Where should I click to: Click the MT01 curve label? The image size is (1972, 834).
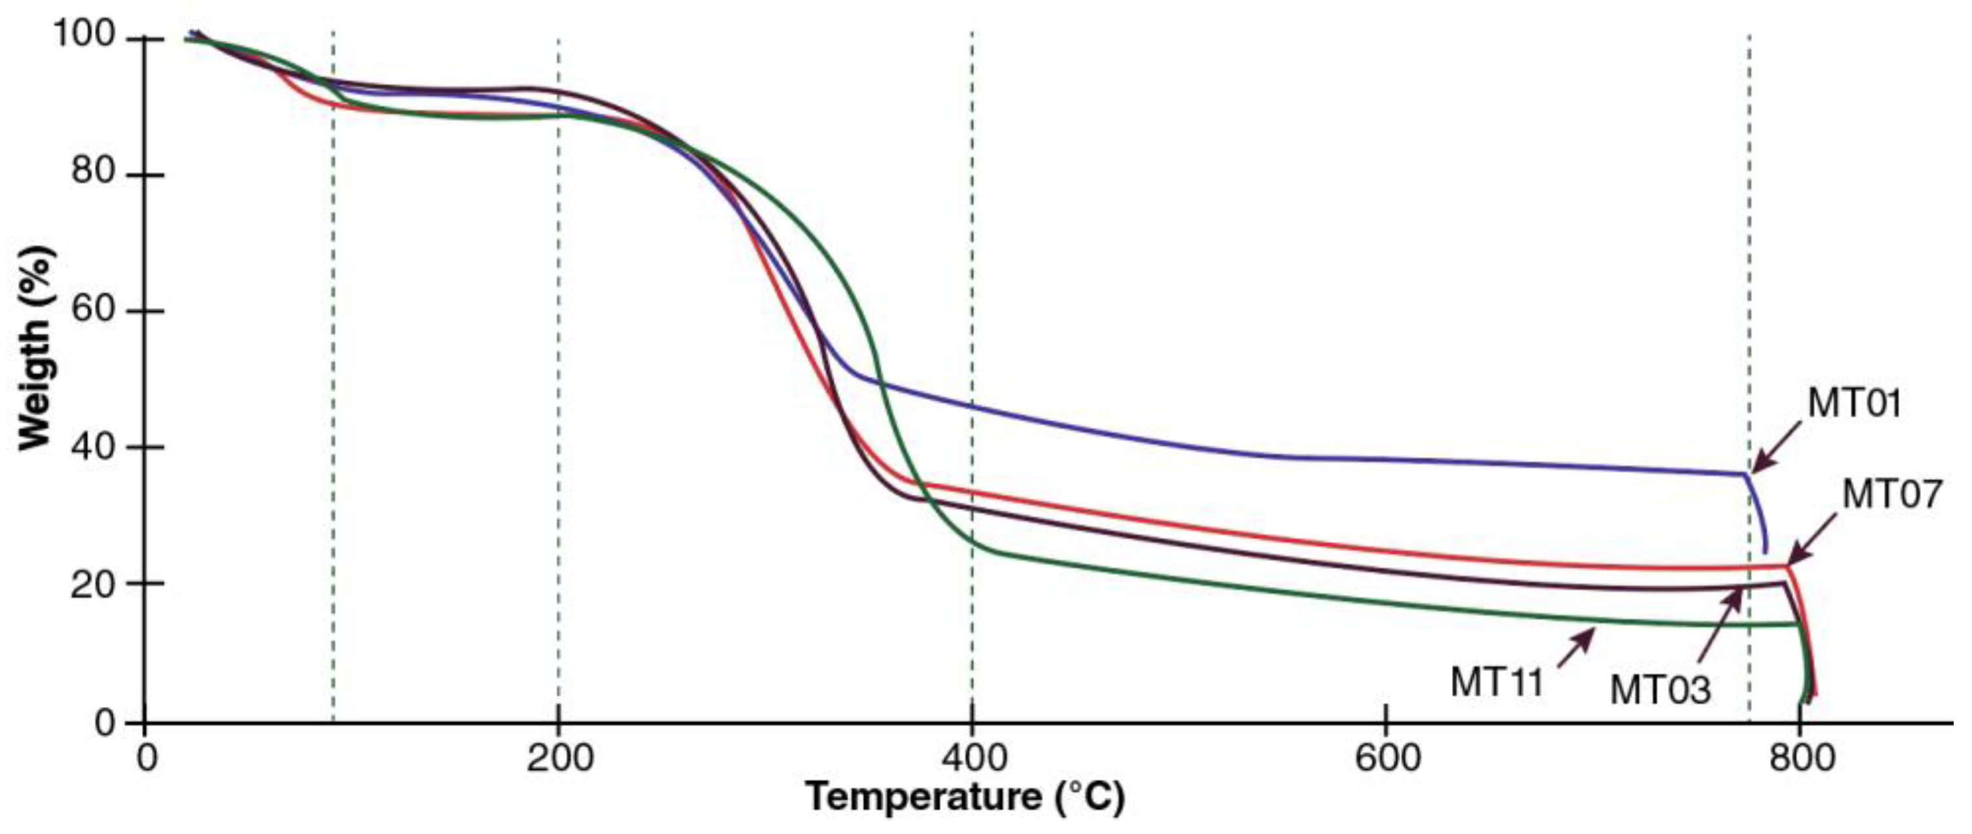[1854, 404]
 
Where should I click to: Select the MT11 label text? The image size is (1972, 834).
[1496, 682]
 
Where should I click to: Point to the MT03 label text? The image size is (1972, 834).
[1659, 690]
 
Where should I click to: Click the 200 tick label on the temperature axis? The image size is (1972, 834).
[559, 759]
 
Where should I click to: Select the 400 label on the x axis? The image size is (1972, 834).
[972, 759]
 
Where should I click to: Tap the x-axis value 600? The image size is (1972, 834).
[1387, 759]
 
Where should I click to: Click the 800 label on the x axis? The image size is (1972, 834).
[1801, 759]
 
